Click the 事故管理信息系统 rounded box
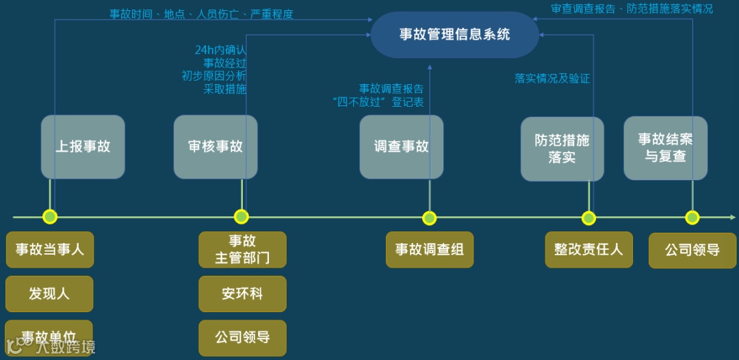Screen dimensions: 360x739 pyautogui.click(x=454, y=34)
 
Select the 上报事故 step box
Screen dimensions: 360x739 pyautogui.click(x=83, y=146)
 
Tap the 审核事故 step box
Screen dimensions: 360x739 pyautogui.click(x=216, y=146)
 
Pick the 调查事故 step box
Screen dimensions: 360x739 pyautogui.click(x=402, y=146)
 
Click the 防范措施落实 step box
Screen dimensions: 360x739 pyautogui.click(x=562, y=149)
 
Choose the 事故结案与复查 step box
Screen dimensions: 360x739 pyautogui.click(x=665, y=148)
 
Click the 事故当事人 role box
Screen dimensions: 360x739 pyautogui.click(x=50, y=249)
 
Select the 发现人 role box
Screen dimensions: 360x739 pyautogui.click(x=49, y=294)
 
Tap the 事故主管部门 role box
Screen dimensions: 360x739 pyautogui.click(x=242, y=249)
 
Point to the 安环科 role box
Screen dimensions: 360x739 pyautogui.click(x=242, y=294)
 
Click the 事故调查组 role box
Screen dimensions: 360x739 pyautogui.click(x=429, y=249)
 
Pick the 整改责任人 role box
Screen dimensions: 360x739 pyautogui.click(x=588, y=249)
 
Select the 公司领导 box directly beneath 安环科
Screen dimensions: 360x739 pyautogui.click(x=242, y=337)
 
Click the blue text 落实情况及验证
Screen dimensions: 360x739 pyautogui.click(x=552, y=78)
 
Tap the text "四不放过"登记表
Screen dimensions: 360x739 pyautogui.click(x=378, y=103)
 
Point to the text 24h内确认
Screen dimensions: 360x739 pyautogui.click(x=220, y=50)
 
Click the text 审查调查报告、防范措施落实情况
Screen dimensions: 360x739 pyautogui.click(x=632, y=9)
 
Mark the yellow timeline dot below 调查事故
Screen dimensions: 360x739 pyautogui.click(x=429, y=218)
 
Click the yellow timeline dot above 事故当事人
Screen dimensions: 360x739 pyautogui.click(x=50, y=217)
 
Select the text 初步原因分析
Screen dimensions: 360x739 pyautogui.click(x=214, y=76)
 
